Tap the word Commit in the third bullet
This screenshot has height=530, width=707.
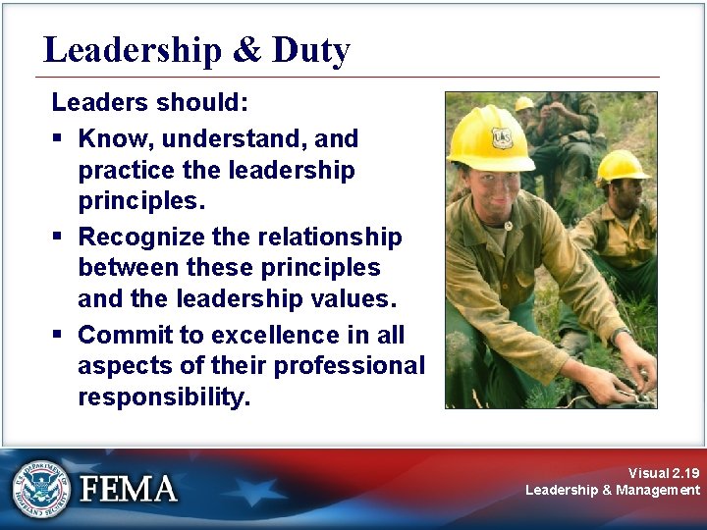pyautogui.click(x=120, y=336)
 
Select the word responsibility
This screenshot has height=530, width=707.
pyautogui.click(x=164, y=398)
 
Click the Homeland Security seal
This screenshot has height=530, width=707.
pyautogui.click(x=40, y=488)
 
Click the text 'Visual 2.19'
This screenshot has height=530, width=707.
pyautogui.click(x=664, y=472)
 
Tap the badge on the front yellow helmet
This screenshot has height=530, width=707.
pyautogui.click(x=502, y=137)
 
